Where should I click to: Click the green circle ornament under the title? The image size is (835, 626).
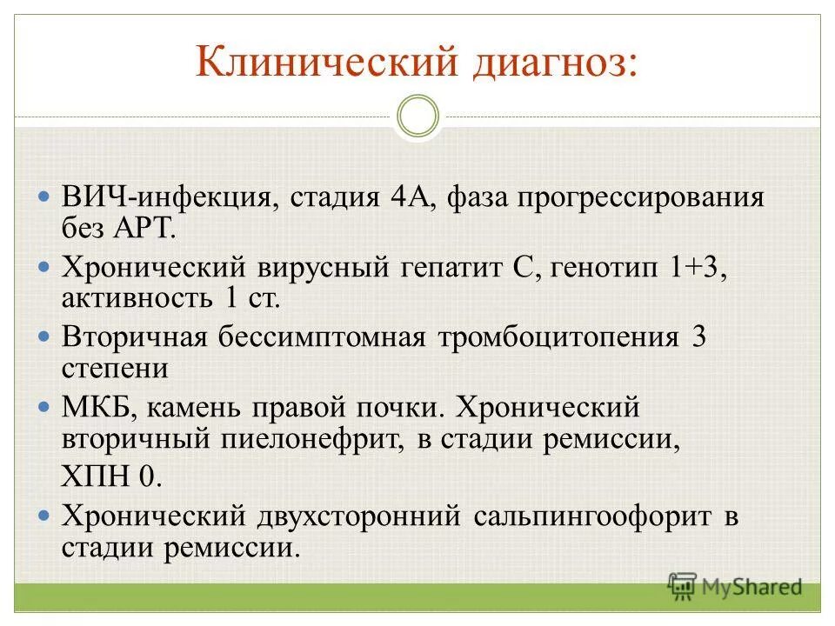click(x=417, y=116)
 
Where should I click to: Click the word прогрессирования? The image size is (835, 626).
click(x=642, y=198)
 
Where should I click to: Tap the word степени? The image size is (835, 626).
click(x=115, y=369)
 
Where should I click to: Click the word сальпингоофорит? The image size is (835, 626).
click(x=594, y=516)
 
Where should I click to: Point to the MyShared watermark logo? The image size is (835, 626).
click(x=735, y=586)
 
